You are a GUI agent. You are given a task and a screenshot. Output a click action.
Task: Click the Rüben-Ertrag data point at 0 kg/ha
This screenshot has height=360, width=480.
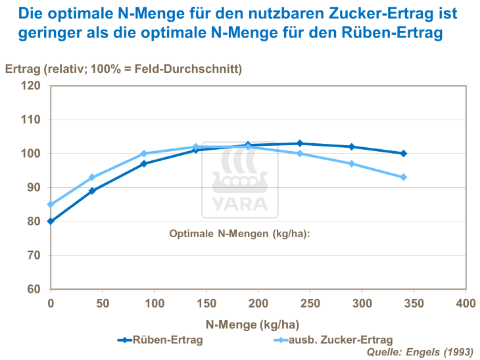coord(51,221)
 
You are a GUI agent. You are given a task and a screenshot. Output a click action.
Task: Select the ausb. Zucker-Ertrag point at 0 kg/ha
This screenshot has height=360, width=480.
coord(51,204)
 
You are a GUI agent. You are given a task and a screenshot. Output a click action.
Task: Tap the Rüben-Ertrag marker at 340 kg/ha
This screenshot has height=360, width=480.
coord(404,154)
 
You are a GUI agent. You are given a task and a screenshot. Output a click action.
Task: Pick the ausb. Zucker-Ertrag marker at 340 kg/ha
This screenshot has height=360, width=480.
coord(404,177)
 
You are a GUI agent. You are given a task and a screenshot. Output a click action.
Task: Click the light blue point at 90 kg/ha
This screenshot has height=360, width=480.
coord(144,154)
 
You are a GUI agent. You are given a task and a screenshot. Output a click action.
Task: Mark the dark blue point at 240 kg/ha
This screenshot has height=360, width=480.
coord(300,143)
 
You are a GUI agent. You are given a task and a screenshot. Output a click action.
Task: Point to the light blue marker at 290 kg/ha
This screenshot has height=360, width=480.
coord(352,164)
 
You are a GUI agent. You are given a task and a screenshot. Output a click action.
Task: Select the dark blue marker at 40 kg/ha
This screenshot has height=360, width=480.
coord(92,191)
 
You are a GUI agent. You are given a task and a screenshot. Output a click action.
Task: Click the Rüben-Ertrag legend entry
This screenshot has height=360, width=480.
coord(160,340)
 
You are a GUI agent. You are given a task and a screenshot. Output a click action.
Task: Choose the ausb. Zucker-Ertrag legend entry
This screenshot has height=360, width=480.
coord(332,340)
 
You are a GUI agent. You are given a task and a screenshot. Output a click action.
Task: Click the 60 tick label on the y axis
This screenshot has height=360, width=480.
coord(34,289)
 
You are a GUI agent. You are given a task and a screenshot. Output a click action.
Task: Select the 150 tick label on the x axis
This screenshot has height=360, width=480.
coord(206,304)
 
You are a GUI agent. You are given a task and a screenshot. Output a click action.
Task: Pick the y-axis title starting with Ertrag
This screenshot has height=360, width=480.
coord(124,68)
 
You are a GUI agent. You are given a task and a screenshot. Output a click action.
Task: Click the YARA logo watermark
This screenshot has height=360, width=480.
coord(239,179)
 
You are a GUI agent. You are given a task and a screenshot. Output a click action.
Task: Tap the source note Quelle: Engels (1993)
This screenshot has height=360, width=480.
coord(420,352)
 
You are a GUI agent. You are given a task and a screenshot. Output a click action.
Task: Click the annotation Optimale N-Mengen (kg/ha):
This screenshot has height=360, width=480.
coord(239,233)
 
